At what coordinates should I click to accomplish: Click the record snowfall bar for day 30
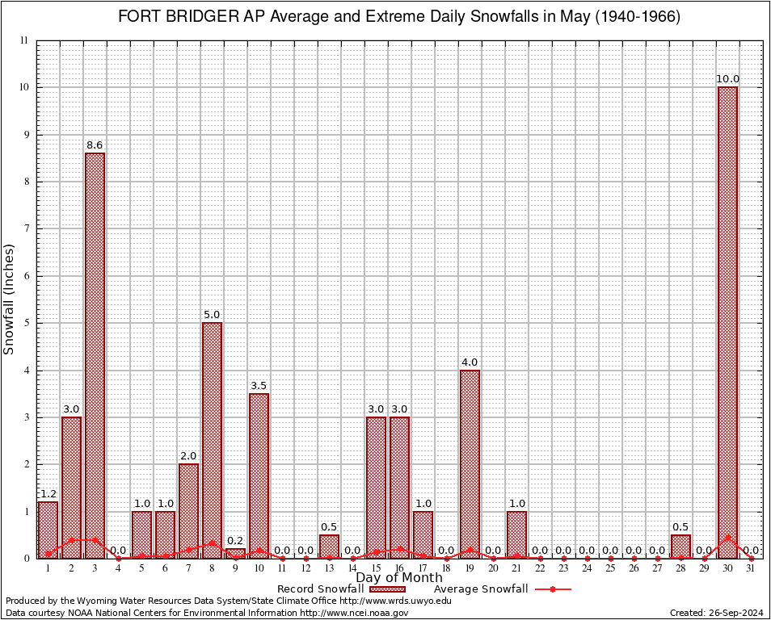coord(727,323)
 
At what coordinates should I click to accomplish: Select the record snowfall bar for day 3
coord(95,355)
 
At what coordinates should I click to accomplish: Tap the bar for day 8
coord(212,440)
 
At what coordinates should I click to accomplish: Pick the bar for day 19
coord(470,464)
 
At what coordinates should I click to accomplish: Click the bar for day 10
coord(259,476)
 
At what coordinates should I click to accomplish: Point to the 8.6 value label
coord(95,146)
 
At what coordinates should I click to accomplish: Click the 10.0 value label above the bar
coord(727,79)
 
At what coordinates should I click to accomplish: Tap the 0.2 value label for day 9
coord(235,542)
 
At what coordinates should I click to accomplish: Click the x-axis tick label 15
coord(376,568)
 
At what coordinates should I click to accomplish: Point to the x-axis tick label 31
coord(751,568)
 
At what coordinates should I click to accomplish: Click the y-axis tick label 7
coord(25,228)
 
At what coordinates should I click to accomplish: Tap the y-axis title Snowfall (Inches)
coord(10,299)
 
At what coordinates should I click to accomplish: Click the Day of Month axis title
coord(399,577)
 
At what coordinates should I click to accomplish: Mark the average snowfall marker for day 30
coord(727,537)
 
